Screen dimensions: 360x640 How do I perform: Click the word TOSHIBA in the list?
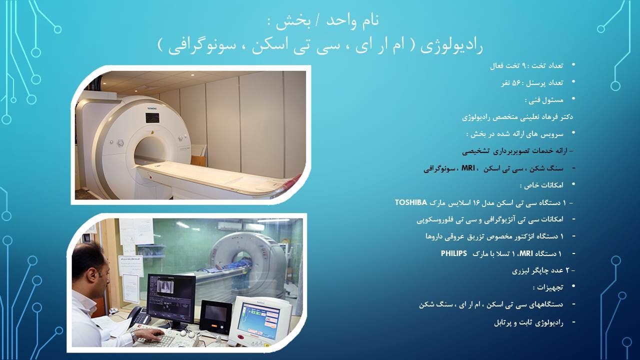coord(411,202)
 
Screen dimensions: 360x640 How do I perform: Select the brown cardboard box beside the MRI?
coord(198,161)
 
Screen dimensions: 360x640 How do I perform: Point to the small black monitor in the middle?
coord(215,316)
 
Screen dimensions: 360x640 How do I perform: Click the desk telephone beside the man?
coord(138,316)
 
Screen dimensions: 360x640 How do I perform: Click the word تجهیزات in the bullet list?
coord(546,287)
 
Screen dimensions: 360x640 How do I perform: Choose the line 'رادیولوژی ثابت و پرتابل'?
coord(528,322)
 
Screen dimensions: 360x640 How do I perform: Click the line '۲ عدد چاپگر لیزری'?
coord(543,270)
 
